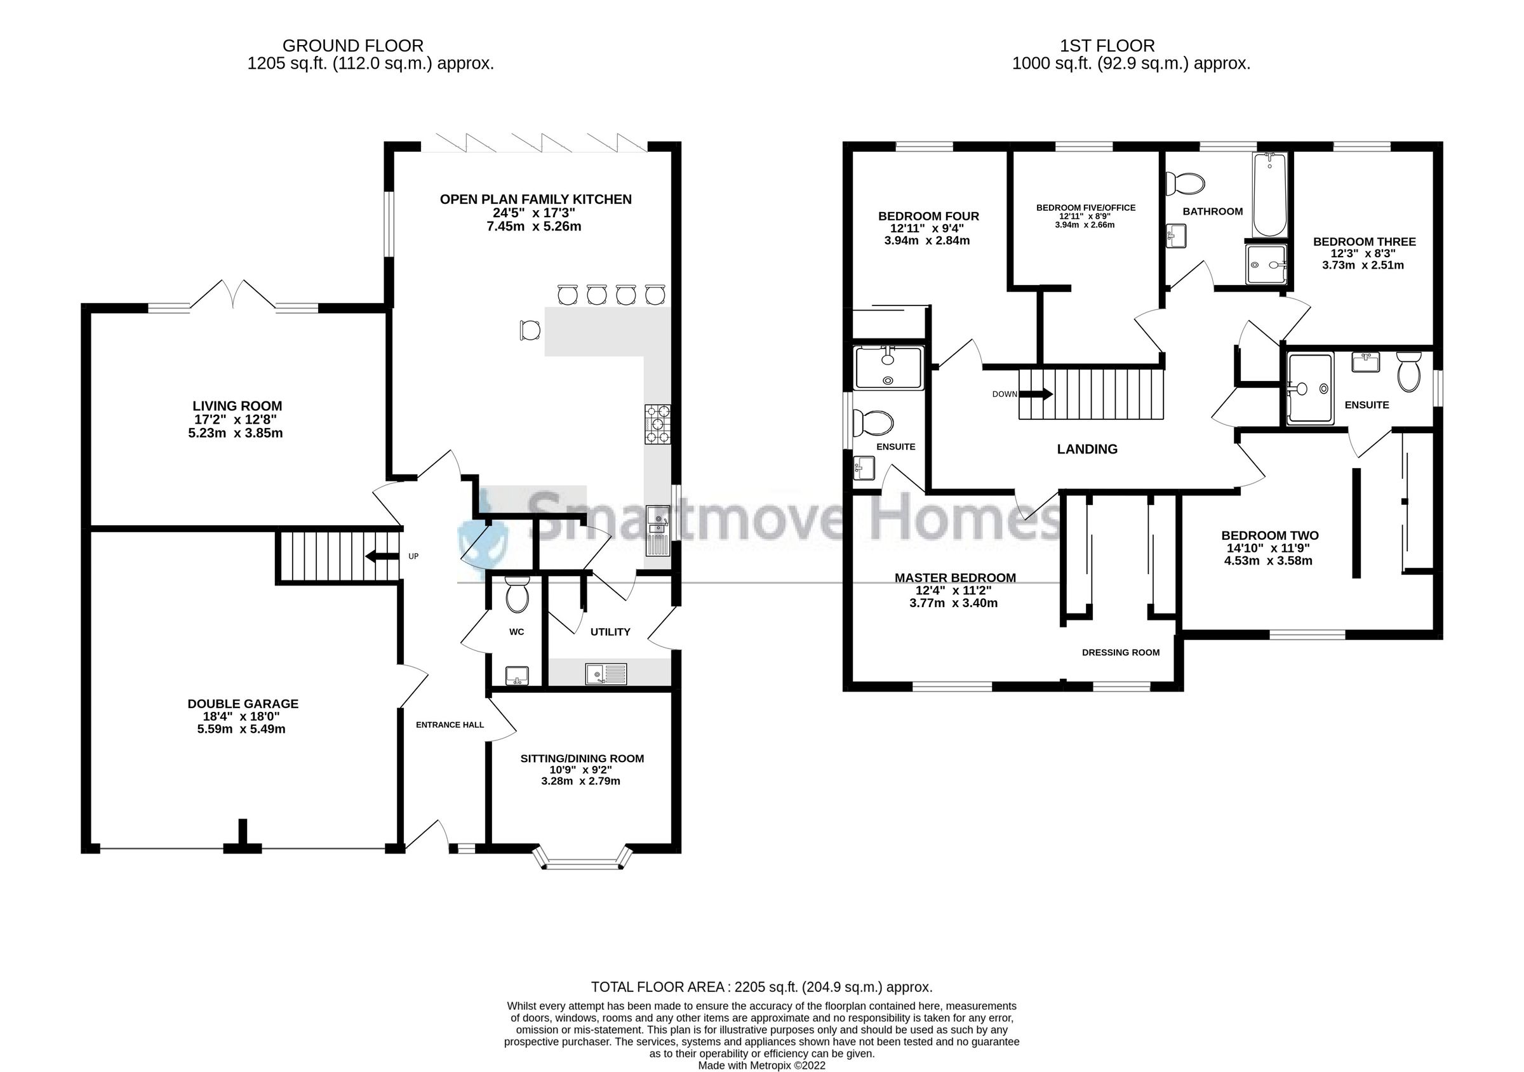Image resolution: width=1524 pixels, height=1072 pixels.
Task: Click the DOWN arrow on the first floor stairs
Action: pyautogui.click(x=1036, y=394)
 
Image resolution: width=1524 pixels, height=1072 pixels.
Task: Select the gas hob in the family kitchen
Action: pyautogui.click(x=657, y=424)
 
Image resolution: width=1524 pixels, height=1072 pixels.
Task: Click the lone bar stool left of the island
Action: pyautogui.click(x=530, y=330)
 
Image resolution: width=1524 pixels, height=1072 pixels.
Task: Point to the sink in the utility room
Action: pyautogui.click(x=605, y=674)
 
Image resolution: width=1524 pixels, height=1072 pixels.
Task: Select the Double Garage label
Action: pyautogui.click(x=243, y=704)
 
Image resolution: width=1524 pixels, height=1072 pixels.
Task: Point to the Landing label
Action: pyautogui.click(x=1086, y=450)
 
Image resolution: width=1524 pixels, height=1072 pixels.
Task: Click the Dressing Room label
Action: pyautogui.click(x=1120, y=652)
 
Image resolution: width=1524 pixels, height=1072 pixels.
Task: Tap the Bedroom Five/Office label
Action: pyautogui.click(x=1085, y=208)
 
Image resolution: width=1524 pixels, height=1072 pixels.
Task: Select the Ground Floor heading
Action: pyautogui.click(x=352, y=46)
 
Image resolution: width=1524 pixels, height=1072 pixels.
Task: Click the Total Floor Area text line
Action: pyautogui.click(x=761, y=987)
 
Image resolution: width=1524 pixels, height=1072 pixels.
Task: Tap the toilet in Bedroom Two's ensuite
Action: pyautogui.click(x=1408, y=372)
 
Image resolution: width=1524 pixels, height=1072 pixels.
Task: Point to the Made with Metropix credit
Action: pyautogui.click(x=761, y=1066)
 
